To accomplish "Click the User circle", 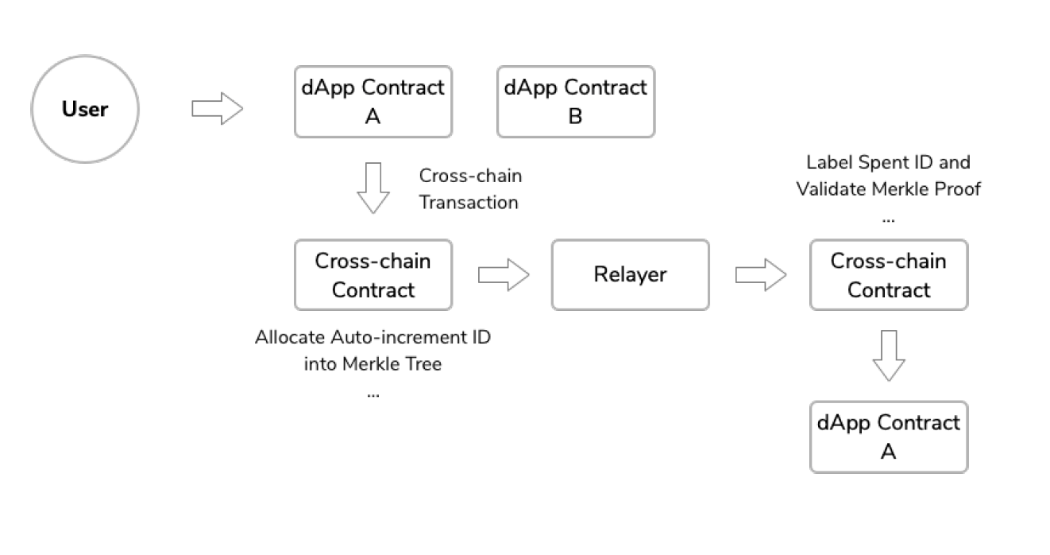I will (85, 109).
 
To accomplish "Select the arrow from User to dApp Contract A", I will (217, 109).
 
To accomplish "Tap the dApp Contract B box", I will (575, 102).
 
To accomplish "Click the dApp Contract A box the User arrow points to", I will (373, 102).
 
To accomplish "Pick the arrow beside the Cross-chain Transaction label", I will (373, 188).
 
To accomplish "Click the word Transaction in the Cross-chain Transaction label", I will (469, 203).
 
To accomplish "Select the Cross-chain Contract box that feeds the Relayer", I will (373, 275).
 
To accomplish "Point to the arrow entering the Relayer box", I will (503, 276).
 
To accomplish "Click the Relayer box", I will (630, 275).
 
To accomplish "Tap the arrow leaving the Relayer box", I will (760, 276).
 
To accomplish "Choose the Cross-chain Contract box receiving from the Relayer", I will (888, 275).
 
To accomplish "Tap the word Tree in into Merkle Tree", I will (425, 364).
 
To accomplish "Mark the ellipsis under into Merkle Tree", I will (373, 393).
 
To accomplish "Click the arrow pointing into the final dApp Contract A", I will (888, 355).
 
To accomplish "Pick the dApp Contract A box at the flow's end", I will (888, 437).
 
